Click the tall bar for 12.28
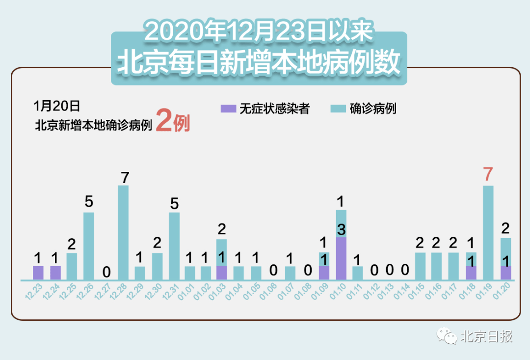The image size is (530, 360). [123, 233]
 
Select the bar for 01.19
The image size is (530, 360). [488, 233]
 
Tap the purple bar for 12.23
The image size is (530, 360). [38, 273]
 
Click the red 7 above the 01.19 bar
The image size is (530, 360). [488, 175]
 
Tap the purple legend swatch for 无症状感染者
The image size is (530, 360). [228, 109]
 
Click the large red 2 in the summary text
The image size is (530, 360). [164, 122]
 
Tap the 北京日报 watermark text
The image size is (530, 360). [486, 336]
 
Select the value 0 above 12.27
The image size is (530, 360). [106, 272]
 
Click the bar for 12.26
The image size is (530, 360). [88, 246]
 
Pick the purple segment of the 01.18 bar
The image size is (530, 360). [471, 273]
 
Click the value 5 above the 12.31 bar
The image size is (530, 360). [174, 203]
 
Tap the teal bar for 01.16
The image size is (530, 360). [437, 266]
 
